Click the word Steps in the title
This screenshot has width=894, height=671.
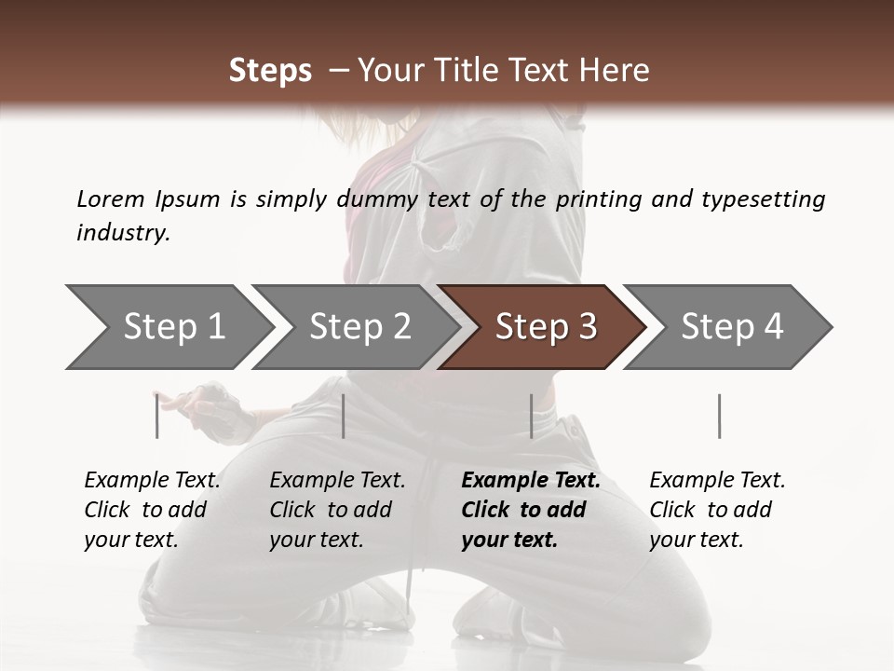pos(270,71)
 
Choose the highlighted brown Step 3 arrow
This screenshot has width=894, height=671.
pos(544,327)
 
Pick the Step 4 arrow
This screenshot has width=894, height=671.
pos(730,327)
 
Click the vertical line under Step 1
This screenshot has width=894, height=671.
pos(157,416)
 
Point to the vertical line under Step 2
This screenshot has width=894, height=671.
pos(344,416)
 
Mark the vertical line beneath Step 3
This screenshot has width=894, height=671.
pos(531,416)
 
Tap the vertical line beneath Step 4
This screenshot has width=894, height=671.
pos(719,416)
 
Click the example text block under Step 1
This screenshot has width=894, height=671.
pos(152,510)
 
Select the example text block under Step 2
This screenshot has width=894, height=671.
pos(337,510)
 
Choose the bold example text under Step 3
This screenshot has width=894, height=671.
pos(531,510)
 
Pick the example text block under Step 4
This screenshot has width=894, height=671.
pos(717,510)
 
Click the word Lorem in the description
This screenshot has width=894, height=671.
pos(111,199)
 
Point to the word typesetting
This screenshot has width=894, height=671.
pos(763,199)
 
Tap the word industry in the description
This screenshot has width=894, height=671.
pos(122,233)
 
